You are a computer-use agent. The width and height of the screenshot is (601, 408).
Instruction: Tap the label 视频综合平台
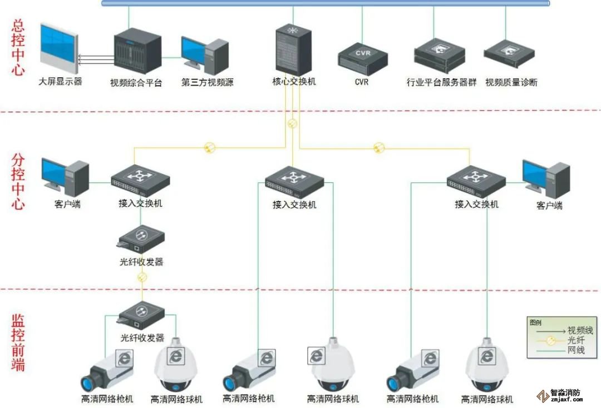(136, 83)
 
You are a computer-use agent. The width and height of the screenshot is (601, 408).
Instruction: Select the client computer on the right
(545, 178)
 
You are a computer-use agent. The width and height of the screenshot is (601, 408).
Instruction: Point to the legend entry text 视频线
(579, 330)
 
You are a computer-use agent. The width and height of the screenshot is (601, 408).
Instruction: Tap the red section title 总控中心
(18, 48)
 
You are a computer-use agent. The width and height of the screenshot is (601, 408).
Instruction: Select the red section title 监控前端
(18, 343)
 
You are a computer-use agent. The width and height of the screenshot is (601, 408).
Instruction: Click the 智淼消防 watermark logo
(559, 395)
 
